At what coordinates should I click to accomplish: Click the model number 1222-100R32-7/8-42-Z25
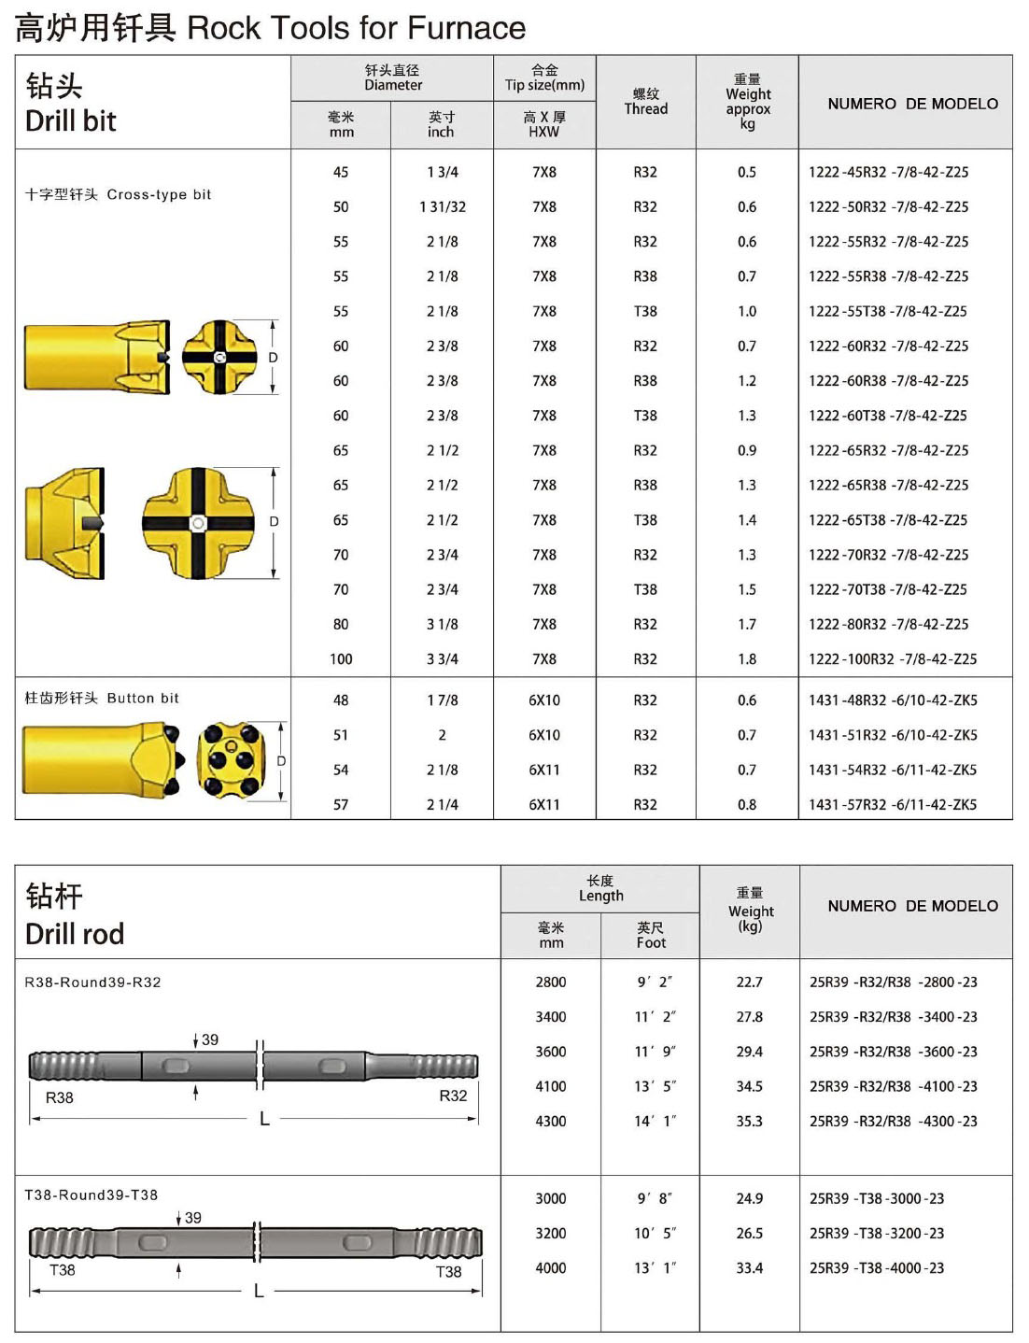(892, 659)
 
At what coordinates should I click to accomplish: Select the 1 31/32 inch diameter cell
(442, 207)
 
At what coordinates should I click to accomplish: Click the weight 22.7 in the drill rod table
(749, 983)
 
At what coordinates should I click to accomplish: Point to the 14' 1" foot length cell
(654, 1122)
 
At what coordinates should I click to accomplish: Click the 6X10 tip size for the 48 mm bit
(543, 700)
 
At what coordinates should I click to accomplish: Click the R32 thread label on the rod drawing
(453, 1096)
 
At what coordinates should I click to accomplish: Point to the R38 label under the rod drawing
(60, 1098)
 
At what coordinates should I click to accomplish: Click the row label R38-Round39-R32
(92, 983)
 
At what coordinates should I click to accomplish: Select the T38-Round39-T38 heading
(92, 1195)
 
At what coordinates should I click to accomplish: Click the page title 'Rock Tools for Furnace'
(356, 29)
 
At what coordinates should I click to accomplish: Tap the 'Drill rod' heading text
(75, 934)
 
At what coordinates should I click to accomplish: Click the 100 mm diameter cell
(341, 659)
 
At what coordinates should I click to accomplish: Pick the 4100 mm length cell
(550, 1087)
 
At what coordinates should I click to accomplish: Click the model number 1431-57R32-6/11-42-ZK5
(892, 805)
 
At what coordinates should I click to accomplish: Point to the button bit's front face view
(230, 760)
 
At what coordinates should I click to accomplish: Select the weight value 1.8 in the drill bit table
(747, 659)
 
